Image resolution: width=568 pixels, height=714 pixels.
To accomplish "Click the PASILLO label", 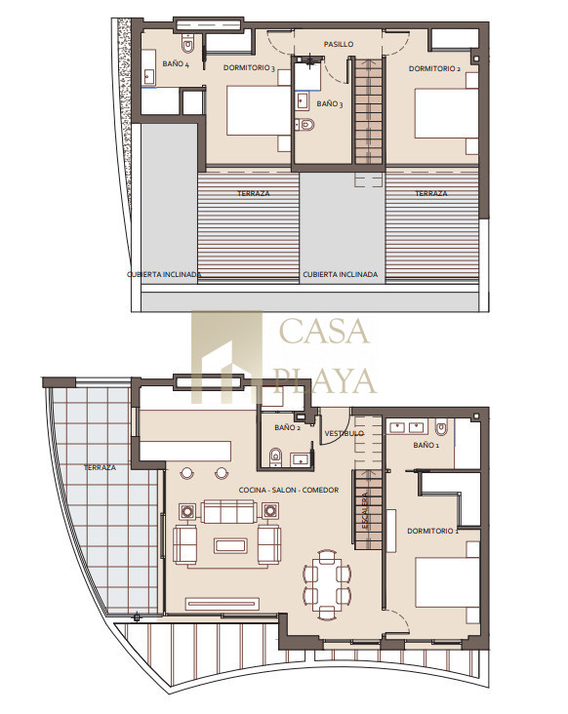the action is point(339,44).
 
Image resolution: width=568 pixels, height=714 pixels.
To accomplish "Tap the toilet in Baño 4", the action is point(187,43).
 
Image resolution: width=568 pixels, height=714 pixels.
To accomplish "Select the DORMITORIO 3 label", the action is point(249,68).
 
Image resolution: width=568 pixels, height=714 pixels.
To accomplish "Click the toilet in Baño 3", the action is point(304,124).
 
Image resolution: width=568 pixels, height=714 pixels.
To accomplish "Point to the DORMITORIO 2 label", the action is point(434,68).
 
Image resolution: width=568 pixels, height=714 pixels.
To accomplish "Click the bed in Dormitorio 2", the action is point(446,113).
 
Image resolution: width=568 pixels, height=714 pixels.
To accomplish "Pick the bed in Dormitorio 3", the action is point(259,110).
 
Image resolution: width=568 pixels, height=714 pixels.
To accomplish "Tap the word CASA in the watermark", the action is point(324,331).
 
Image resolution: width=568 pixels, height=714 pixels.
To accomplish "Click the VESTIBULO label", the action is point(344,433).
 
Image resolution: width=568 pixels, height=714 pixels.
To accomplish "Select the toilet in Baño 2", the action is point(275,457).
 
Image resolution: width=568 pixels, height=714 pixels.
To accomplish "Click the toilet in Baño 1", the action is point(441,428).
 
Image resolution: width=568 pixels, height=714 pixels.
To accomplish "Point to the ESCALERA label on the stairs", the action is point(365,510).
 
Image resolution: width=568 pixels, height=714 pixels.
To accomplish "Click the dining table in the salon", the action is point(328,584).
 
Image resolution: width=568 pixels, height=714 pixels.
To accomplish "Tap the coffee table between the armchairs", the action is point(231,545).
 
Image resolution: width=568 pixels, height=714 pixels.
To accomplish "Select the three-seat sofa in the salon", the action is point(228,511).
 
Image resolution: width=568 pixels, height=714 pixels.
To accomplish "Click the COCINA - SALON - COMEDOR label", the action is point(289,490).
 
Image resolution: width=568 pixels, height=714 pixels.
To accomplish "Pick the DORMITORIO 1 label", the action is point(432,531).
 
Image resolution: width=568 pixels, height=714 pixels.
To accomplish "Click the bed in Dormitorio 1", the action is point(447,582).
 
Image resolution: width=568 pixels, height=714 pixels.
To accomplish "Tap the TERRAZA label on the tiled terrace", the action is point(100,467).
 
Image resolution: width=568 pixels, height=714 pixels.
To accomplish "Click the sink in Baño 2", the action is point(300,459).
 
